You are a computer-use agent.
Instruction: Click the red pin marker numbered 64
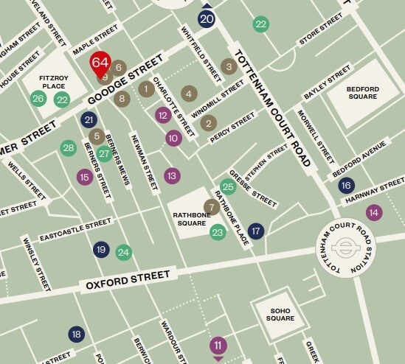[x=100, y=63]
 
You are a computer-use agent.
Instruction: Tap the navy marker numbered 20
[x=207, y=19]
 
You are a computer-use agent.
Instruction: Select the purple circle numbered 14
[x=374, y=212]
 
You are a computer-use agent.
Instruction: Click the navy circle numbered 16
[x=346, y=186]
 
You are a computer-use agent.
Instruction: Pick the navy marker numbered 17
[x=256, y=231]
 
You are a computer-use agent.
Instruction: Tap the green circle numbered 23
[x=217, y=233]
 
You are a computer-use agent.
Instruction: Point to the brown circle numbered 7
[x=212, y=207]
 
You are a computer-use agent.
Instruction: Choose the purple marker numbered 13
[x=172, y=175]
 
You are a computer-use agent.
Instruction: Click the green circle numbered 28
[x=69, y=148]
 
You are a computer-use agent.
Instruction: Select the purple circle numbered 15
[x=85, y=176]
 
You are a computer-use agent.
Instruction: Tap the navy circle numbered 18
[x=76, y=335]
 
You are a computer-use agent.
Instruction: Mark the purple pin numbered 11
[x=218, y=346]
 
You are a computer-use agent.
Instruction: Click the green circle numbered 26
[x=38, y=98]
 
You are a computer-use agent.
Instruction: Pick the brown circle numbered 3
[x=229, y=67]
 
